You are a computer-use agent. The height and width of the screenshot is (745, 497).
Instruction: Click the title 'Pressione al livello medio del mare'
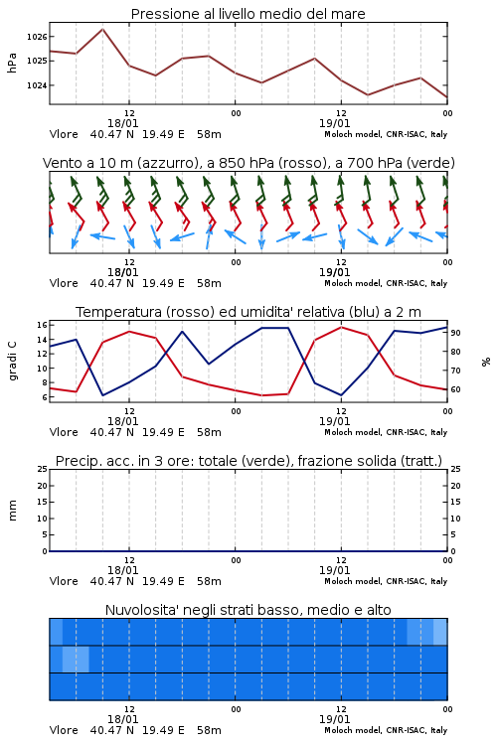pos(248,14)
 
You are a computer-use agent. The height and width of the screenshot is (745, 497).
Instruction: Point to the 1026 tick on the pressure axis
pos(37,37)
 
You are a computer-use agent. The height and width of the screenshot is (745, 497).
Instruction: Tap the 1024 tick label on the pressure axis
pos(37,85)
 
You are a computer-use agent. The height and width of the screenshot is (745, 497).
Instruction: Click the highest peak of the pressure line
pos(102,29)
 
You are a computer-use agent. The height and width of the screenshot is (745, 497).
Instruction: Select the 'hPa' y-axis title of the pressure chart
pos(12,63)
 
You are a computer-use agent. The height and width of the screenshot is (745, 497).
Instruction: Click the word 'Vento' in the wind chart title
pos(60,163)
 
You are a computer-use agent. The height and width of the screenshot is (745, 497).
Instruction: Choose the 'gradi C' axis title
pos(13,361)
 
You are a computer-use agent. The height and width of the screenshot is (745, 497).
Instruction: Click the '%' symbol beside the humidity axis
pos(486,362)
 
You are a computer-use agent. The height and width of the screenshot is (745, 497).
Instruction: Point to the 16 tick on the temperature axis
pos(42,325)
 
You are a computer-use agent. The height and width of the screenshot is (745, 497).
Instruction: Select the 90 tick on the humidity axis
pos(455,333)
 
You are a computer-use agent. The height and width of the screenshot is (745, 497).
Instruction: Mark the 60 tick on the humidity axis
pos(455,389)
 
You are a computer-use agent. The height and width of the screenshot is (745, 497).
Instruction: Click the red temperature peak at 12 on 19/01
pos(341,327)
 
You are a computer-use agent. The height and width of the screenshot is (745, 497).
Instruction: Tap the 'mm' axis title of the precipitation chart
pos(13,510)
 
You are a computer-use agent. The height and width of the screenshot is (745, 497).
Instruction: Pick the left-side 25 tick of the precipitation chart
pos(43,469)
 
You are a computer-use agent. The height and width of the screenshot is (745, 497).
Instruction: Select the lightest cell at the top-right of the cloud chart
pos(440,632)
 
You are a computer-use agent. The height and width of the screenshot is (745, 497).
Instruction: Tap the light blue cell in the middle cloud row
pos(76,659)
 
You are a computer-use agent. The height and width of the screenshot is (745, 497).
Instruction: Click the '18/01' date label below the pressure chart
pos(122,123)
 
